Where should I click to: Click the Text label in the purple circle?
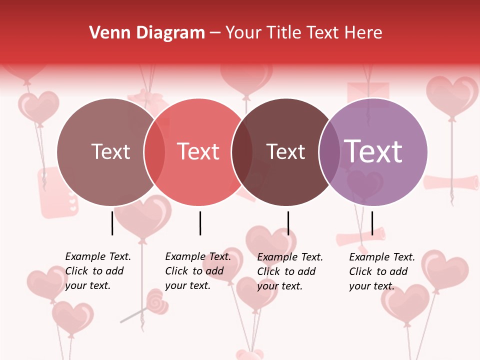[x=373, y=151]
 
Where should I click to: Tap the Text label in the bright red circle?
[x=198, y=151]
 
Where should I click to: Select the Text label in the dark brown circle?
[x=285, y=151]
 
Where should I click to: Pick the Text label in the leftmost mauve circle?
[x=111, y=151]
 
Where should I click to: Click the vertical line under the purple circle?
[x=372, y=223]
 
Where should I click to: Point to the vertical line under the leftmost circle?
[x=112, y=223]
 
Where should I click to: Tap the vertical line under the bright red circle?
[x=200, y=223]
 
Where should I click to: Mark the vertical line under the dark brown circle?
[x=288, y=223]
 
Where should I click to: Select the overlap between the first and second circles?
[x=154, y=152]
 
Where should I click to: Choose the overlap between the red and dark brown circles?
[x=242, y=152]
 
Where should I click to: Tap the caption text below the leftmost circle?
[x=97, y=271]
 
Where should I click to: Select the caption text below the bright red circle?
[x=197, y=271]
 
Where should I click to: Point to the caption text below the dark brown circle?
[x=289, y=271]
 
